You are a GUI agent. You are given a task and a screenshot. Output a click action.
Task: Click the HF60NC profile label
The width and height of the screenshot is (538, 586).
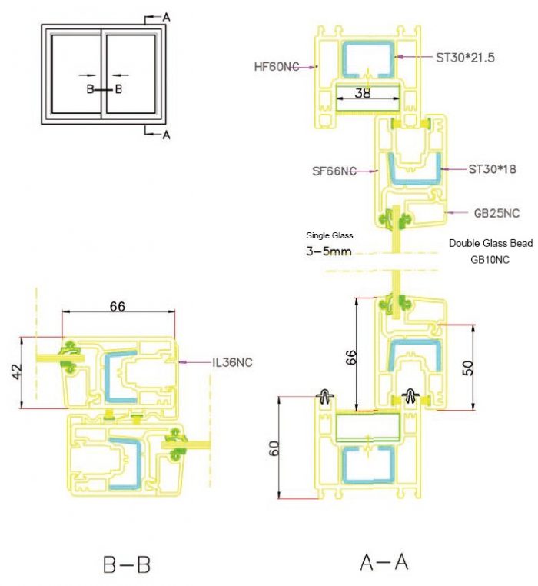(277, 67)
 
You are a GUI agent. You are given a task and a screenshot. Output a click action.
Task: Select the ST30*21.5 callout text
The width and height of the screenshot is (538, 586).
(465, 57)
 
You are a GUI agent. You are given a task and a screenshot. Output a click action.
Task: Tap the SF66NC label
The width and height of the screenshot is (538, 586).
(334, 171)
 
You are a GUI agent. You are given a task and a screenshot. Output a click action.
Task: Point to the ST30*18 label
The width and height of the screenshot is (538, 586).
(492, 169)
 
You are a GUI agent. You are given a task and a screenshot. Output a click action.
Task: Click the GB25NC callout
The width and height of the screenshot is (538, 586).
(496, 213)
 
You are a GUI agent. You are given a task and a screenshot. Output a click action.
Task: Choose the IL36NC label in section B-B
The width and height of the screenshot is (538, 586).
(232, 362)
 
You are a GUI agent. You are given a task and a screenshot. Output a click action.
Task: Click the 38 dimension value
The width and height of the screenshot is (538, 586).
(363, 92)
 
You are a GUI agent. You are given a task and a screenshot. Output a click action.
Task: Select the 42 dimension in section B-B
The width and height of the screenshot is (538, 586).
(17, 371)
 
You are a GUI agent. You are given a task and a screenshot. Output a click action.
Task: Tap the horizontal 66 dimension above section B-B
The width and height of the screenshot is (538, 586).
(118, 306)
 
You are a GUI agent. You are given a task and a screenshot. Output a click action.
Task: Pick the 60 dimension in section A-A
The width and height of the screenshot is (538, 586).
(274, 448)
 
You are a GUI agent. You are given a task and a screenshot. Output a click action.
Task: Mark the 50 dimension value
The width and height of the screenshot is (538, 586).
(468, 368)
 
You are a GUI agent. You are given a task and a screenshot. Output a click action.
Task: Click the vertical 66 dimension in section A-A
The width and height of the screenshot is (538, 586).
(350, 357)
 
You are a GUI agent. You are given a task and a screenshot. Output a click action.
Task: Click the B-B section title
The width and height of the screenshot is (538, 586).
(127, 564)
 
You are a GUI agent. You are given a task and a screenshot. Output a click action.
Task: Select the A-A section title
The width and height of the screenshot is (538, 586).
(384, 561)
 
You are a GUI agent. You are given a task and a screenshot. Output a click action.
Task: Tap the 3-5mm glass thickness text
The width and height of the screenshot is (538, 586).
(329, 251)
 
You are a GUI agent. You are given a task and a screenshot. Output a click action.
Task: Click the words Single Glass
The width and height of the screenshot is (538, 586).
(330, 235)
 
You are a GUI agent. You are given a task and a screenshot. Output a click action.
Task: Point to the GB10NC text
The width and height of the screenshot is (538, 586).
(490, 259)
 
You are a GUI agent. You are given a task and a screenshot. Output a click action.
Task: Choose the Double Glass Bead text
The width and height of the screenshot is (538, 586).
(490, 243)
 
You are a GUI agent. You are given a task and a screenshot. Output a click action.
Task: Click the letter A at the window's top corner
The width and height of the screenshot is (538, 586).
(166, 17)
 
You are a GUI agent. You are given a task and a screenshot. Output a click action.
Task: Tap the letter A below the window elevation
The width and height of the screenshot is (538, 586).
(166, 135)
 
